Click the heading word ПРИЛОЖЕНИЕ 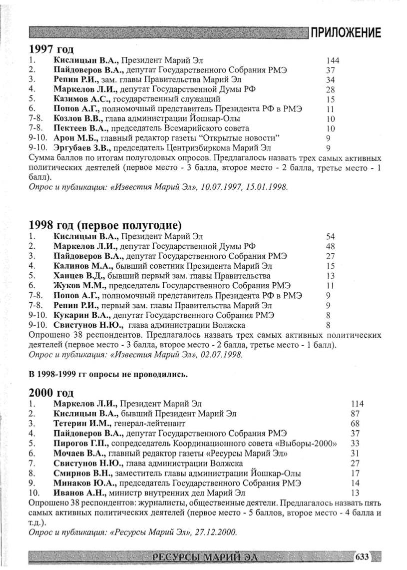pyautogui.click(x=346, y=33)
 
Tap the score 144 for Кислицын pyautogui.click(x=332, y=61)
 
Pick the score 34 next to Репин pyautogui.click(x=330, y=80)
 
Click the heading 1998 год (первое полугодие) pyautogui.click(x=105, y=223)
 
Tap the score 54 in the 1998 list pyautogui.click(x=330, y=236)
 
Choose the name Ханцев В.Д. pyautogui.click(x=78, y=276)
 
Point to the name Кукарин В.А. pyautogui.click(x=82, y=315)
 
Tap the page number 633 pyautogui.click(x=362, y=556)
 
